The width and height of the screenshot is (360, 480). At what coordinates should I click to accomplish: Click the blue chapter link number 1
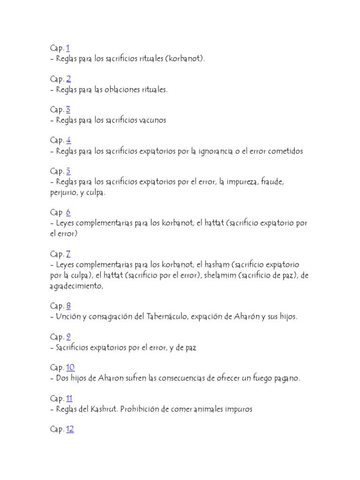68,48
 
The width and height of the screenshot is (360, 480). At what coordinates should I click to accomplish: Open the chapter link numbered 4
68,140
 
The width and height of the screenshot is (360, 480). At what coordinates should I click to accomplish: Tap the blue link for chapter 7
68,254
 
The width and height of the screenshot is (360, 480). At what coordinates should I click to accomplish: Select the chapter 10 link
70,367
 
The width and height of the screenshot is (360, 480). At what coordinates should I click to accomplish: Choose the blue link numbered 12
70,429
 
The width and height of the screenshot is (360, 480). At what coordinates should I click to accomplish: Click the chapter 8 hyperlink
68,306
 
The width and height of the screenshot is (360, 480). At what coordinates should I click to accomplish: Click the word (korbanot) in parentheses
185,59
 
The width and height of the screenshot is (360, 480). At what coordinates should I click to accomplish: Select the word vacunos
153,120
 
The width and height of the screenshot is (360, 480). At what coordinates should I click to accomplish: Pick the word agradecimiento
76,287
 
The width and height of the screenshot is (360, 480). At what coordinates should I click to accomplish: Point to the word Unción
67,317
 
